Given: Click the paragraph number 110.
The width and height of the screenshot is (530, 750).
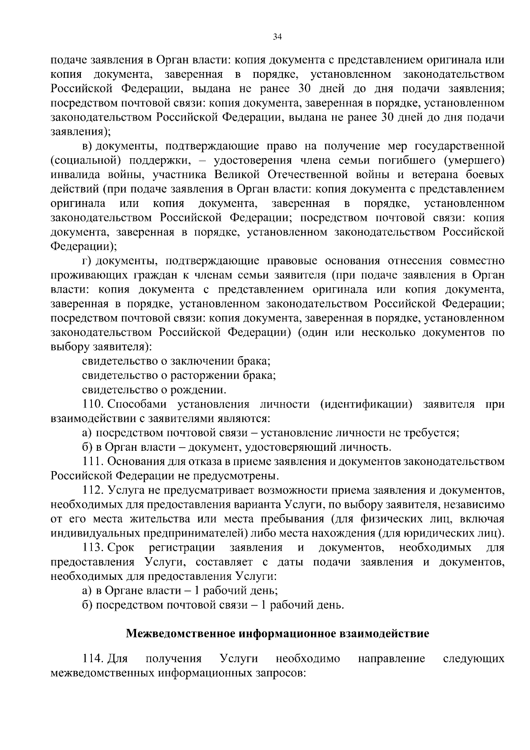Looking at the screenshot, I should pyautogui.click(x=92, y=404).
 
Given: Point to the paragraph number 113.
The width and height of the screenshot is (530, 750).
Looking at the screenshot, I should pyautogui.click(x=92, y=548).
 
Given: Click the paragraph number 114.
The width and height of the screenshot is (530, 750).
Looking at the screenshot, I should pyautogui.click(x=92, y=659).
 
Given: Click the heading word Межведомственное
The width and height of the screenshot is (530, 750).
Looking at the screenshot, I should pyautogui.click(x=181, y=634).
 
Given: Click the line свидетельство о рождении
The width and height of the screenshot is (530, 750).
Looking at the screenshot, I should pyautogui.click(x=154, y=390).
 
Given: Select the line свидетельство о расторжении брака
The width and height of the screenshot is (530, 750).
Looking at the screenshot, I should pyautogui.click(x=179, y=376).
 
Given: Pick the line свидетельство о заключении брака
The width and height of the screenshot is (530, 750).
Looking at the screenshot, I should pyautogui.click(x=176, y=361).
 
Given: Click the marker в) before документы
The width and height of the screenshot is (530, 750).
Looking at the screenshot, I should pyautogui.click(x=87, y=146).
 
